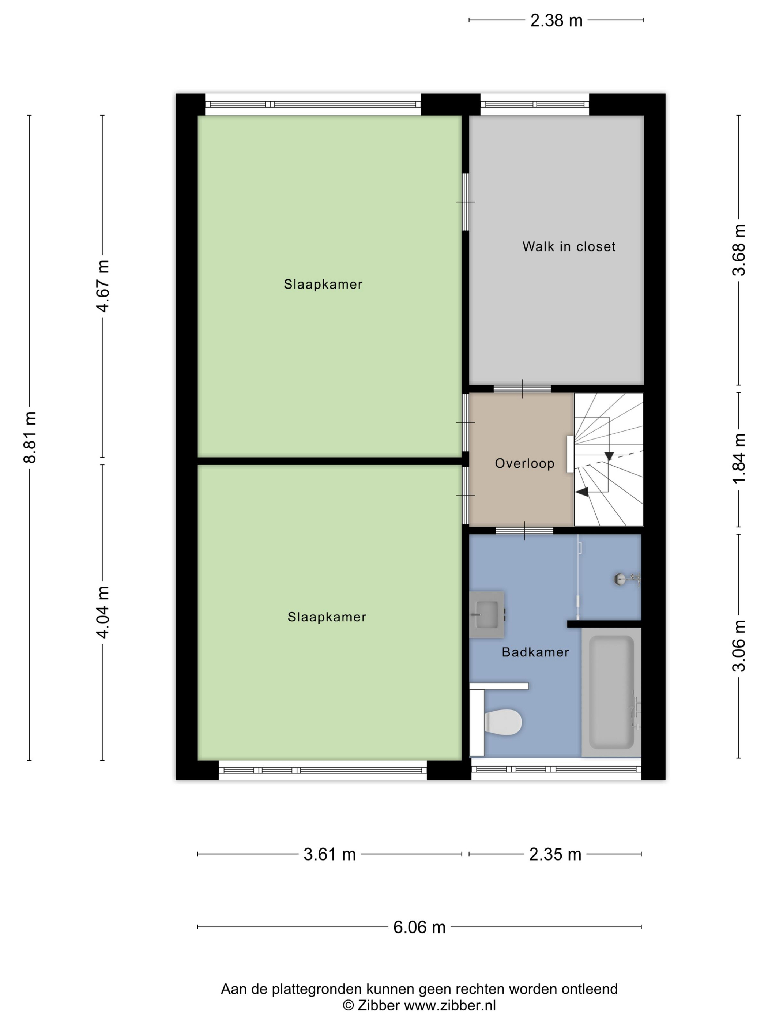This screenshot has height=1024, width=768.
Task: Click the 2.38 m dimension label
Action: pos(556,20)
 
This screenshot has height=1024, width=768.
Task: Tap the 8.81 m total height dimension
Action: pos(30,437)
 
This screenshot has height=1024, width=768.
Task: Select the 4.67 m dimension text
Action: pos(103,286)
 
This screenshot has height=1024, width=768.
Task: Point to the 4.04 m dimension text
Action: pos(103,611)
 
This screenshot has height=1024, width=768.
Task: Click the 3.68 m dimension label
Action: pos(739,250)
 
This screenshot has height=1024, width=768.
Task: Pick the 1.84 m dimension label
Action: pos(739,458)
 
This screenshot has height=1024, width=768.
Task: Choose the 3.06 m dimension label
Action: pos(739,645)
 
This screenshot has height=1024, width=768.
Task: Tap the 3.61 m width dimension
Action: pos(330,854)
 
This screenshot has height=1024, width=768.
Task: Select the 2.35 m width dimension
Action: pos(555,854)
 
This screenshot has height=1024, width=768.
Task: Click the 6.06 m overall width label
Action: pos(419,927)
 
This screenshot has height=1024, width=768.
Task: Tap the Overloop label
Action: pos(524,463)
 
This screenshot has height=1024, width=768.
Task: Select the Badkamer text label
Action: pos(535,652)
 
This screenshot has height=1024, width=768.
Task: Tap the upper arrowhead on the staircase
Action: pos(609,456)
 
